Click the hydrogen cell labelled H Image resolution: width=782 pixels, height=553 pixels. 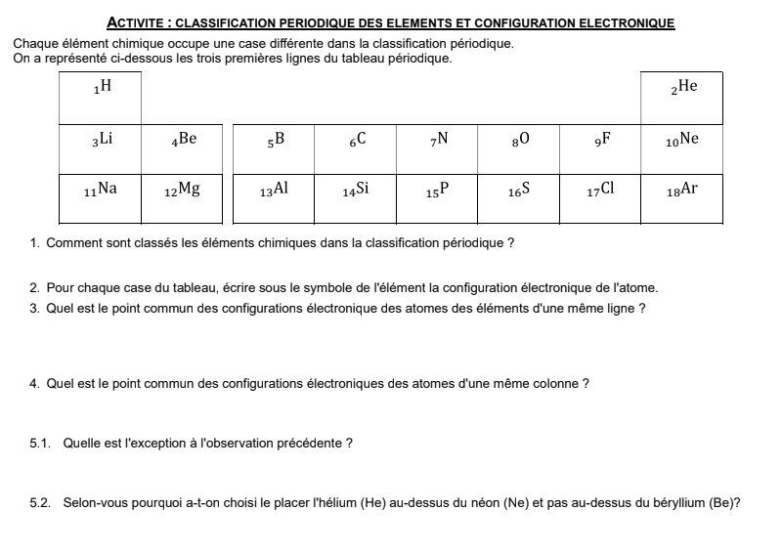[x=101, y=97]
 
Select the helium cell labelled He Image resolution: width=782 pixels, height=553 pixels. [x=681, y=97]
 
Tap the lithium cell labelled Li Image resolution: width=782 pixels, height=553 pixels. [x=101, y=149]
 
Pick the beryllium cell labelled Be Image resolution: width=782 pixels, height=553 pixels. [x=182, y=149]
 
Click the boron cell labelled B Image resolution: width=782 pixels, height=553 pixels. [x=275, y=149]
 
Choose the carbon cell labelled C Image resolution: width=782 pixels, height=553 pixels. [x=356, y=149]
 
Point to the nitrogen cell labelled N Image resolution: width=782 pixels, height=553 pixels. [x=437, y=149]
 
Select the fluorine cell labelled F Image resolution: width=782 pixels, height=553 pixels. [x=600, y=149]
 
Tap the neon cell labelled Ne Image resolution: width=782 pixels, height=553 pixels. [x=681, y=149]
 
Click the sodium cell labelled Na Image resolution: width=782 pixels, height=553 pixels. [x=101, y=198]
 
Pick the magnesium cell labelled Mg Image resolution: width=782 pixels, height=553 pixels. [x=182, y=198]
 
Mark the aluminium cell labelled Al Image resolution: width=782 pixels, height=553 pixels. [x=275, y=198]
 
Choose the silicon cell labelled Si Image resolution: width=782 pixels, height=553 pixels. [x=356, y=198]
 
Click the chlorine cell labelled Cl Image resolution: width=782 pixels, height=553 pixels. [x=600, y=198]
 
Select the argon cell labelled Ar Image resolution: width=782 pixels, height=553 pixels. [x=681, y=198]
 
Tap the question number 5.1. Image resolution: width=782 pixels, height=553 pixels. [x=40, y=443]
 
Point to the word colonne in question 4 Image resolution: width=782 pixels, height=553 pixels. [x=556, y=384]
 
